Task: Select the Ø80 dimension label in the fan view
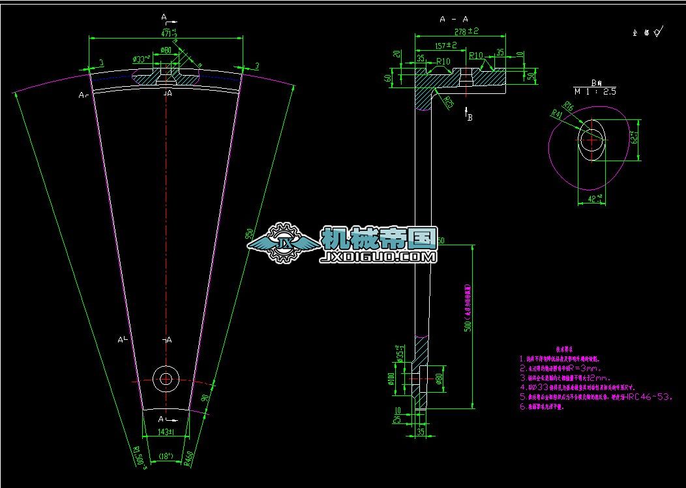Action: (166, 50)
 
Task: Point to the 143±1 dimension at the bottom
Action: (166, 432)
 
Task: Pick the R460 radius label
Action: (188, 460)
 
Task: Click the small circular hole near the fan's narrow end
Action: (166, 377)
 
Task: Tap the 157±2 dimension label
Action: (445, 46)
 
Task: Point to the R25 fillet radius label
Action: (449, 102)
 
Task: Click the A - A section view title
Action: (454, 20)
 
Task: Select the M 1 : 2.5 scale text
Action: (595, 92)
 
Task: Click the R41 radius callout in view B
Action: (557, 115)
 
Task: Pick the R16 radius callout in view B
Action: (569, 106)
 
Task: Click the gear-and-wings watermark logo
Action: (284, 242)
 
